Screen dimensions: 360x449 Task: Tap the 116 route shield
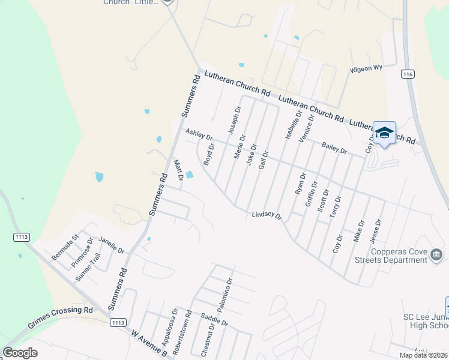click(408, 73)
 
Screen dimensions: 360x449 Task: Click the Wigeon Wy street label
click(366, 69)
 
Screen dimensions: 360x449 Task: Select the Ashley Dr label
click(199, 136)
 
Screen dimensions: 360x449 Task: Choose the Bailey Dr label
click(334, 147)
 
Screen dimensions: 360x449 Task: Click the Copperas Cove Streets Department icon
click(436, 256)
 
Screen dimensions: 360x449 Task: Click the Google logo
click(20, 352)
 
